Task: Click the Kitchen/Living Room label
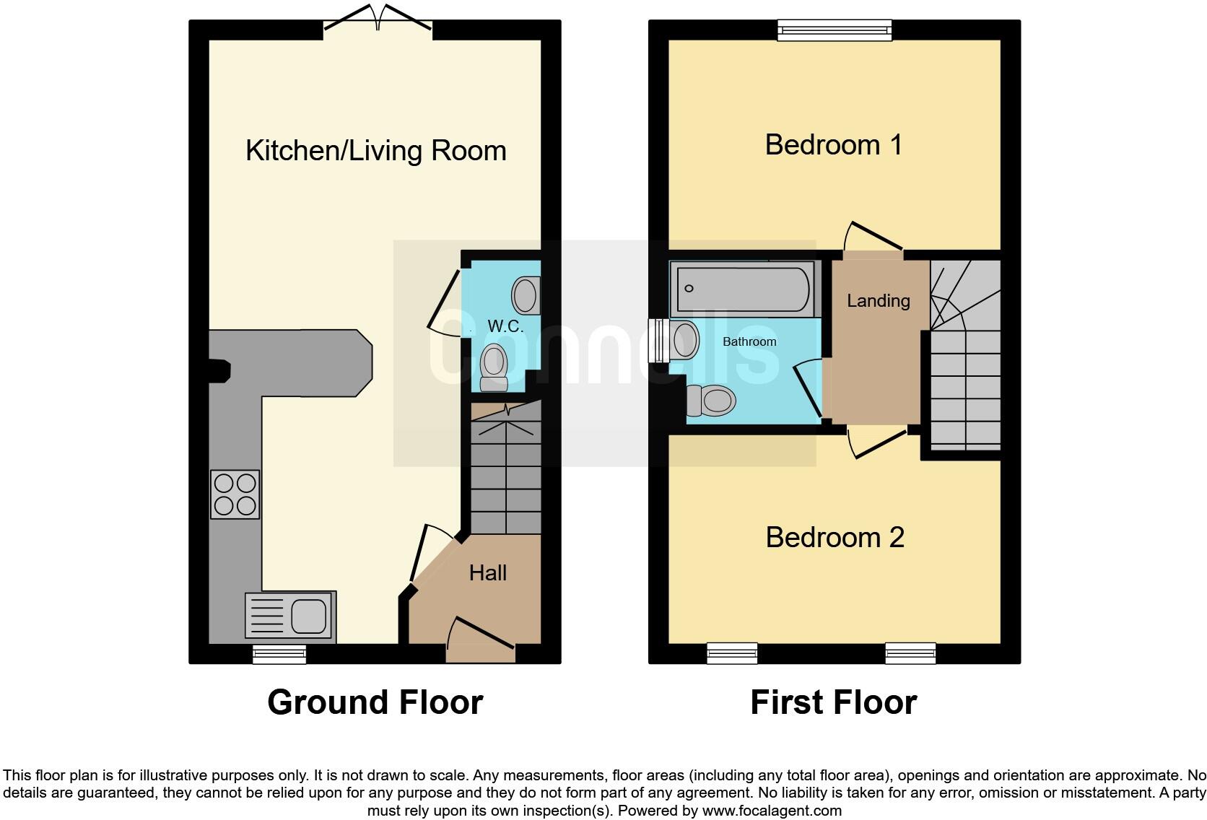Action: (x=375, y=150)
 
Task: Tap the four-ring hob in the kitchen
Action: (x=235, y=494)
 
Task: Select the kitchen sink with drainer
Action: (x=290, y=616)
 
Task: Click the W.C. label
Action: (x=505, y=326)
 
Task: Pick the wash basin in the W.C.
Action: (x=526, y=296)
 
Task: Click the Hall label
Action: (x=488, y=573)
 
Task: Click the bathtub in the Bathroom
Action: (x=743, y=289)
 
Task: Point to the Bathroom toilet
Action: (x=711, y=400)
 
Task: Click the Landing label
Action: (x=878, y=300)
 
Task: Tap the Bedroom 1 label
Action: (x=833, y=145)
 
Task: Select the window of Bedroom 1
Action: (x=835, y=30)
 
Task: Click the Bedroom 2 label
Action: (x=835, y=537)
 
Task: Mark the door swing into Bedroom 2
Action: (x=876, y=442)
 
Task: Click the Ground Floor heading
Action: (x=375, y=702)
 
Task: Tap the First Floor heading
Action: (x=833, y=702)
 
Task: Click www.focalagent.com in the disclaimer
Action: (x=771, y=811)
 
